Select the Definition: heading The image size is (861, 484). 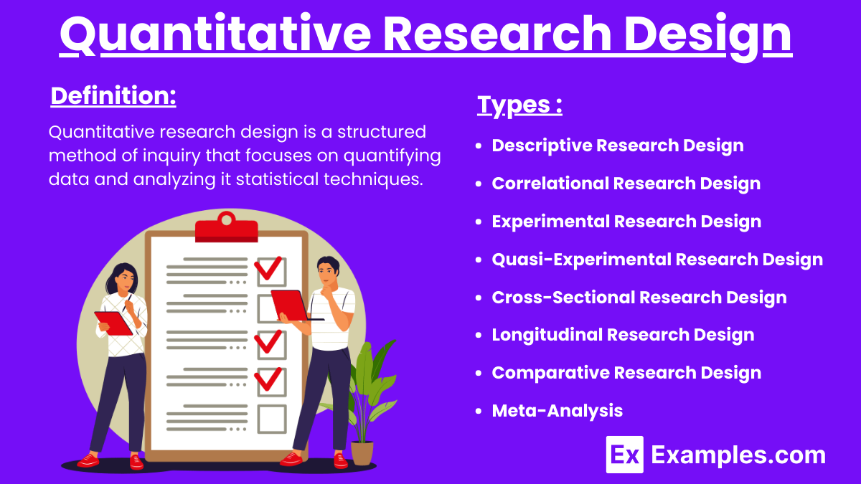point(113,96)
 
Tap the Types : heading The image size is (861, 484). point(519,105)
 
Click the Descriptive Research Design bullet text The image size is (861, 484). point(617,146)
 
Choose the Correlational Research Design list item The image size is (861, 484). point(626,184)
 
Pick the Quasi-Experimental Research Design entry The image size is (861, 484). point(657,259)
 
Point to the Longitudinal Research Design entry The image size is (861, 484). point(623,335)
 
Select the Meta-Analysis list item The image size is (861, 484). point(557,411)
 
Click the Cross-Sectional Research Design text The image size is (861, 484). point(639,297)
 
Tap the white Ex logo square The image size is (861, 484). point(624,455)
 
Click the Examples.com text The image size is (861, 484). point(738,455)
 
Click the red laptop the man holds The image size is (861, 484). point(291,305)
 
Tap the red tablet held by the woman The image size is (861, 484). point(113,323)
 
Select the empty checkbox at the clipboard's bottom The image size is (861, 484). point(272,419)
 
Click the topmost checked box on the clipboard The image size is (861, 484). point(270,270)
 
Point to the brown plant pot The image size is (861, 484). point(362,452)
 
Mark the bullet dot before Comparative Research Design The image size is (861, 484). point(479,373)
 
